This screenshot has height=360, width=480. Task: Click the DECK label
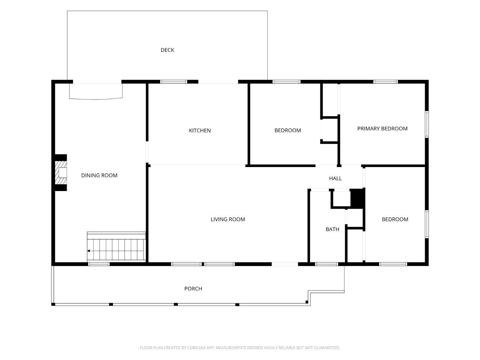[167, 50]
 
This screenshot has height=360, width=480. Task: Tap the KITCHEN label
[200, 131]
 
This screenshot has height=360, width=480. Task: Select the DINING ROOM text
[99, 175]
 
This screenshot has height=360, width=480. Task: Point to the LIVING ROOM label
[228, 219]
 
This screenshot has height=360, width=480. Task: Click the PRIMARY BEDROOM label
[382, 129]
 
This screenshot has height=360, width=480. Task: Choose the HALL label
[335, 178]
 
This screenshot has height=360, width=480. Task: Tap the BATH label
[332, 229]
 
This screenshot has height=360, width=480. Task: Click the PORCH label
[193, 289]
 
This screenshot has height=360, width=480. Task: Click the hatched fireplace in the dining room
[60, 173]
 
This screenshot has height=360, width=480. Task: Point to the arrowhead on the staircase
[89, 251]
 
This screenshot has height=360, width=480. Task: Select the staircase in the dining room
[116, 246]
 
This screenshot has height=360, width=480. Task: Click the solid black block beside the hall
[357, 198]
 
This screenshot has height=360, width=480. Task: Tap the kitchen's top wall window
[174, 82]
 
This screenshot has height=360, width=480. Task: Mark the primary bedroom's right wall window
[427, 124]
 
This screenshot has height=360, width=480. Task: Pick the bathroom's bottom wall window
[326, 264]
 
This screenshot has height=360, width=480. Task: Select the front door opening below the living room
[285, 264]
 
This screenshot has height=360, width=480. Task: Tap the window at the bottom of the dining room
[99, 264]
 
